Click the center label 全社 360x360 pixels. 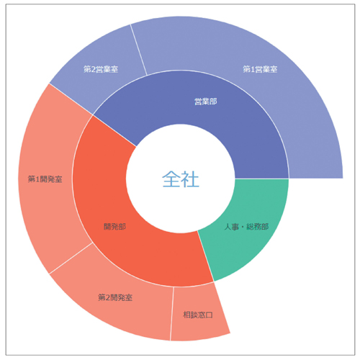point(181,179)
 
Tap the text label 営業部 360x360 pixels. point(206,102)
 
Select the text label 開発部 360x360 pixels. point(114,226)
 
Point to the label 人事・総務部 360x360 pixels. point(246,227)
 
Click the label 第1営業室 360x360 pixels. point(260,69)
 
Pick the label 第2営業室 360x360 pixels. point(101,69)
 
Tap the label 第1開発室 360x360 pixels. point(45,179)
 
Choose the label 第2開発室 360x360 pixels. point(115,297)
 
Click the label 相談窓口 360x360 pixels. point(198,315)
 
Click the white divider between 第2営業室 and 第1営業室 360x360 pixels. point(139,50)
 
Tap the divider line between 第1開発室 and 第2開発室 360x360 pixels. point(71,258)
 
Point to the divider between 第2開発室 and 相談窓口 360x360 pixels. point(172,314)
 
